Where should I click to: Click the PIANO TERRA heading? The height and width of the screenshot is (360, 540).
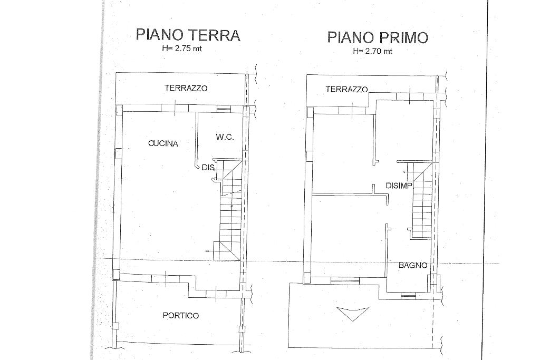click(x=188, y=35)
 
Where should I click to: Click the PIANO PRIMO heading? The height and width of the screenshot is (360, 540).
click(x=378, y=37)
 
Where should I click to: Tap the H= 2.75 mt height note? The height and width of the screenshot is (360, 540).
click(x=182, y=48)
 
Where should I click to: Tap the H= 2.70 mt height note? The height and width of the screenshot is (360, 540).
click(x=373, y=51)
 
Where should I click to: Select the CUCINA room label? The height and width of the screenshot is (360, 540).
click(x=163, y=143)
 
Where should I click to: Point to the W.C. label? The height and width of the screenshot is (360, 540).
click(x=225, y=137)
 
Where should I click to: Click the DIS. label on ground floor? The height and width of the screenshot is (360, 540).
click(x=209, y=168)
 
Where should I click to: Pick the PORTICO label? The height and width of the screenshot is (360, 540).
click(x=181, y=315)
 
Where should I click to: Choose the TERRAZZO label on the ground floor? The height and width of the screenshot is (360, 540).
click(x=186, y=88)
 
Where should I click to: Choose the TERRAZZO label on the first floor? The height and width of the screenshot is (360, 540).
click(x=347, y=90)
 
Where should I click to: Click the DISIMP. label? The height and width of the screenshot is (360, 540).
click(x=399, y=186)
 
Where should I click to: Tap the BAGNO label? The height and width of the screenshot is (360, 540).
click(x=413, y=265)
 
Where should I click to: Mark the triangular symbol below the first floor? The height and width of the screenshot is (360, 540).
click(x=353, y=314)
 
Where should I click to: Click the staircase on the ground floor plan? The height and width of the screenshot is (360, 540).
click(x=229, y=210)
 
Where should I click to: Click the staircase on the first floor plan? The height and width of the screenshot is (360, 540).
click(x=420, y=200)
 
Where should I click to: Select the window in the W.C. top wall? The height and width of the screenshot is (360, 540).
click(x=223, y=109)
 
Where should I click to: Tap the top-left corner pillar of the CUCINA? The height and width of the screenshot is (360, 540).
click(x=119, y=110)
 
